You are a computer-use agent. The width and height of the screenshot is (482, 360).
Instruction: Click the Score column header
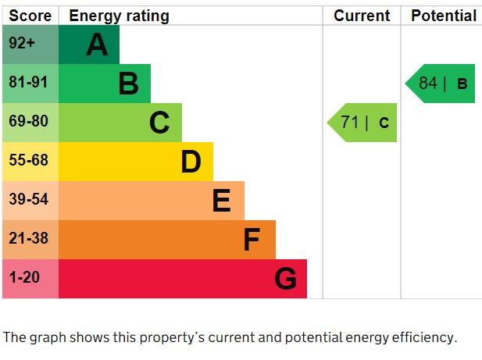tap(30, 16)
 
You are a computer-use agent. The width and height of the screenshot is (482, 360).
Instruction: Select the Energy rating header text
tap(120, 16)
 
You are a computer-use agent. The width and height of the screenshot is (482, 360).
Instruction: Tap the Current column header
tap(362, 16)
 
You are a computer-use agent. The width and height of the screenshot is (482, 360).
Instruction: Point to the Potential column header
tap(444, 16)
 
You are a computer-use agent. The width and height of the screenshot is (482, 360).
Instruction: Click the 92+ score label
tap(22, 43)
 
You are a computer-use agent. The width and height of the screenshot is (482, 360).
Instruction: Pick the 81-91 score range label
tap(28, 82)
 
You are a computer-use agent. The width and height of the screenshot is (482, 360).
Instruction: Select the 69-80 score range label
tap(28, 121)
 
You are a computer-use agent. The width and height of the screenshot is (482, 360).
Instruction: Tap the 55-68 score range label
tap(28, 160)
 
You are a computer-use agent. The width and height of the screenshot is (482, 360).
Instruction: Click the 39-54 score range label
tap(28, 199)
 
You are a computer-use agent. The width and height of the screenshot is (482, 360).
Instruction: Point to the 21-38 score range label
tap(28, 238)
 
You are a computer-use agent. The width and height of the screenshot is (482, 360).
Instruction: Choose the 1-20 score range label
tap(24, 277)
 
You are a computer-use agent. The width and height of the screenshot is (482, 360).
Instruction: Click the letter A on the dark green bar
tap(97, 45)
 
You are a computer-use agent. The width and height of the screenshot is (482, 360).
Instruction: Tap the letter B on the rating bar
tap(128, 84)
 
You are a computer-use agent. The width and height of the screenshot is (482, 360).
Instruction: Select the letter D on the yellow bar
tap(191, 162)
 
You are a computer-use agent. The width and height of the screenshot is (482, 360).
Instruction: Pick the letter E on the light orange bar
tap(221, 200)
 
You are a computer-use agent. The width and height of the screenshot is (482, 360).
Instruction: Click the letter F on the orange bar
tap(252, 239)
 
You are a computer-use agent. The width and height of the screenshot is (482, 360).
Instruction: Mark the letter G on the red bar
tap(286, 279)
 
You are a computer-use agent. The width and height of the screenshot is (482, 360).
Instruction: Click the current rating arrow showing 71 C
tap(362, 123)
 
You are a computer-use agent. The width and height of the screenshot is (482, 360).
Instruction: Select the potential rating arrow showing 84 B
tap(440, 84)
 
